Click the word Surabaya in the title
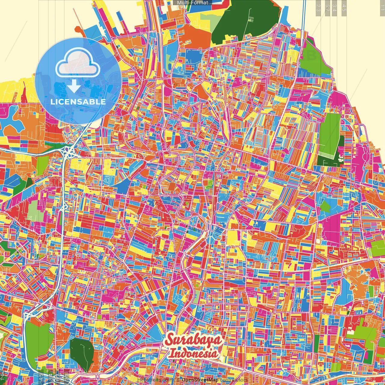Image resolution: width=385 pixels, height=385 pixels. click(x=194, y=340)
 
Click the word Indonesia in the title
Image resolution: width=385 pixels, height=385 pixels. click(x=193, y=353)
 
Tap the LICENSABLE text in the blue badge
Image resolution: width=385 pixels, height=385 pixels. click(x=78, y=102)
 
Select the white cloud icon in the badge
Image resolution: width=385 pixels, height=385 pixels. click(x=78, y=64)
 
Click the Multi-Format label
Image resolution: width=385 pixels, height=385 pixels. click(x=192, y=3)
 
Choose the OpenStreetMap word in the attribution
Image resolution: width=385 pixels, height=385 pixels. click(x=200, y=380)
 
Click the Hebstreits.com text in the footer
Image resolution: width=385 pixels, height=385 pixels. click(x=155, y=380)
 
